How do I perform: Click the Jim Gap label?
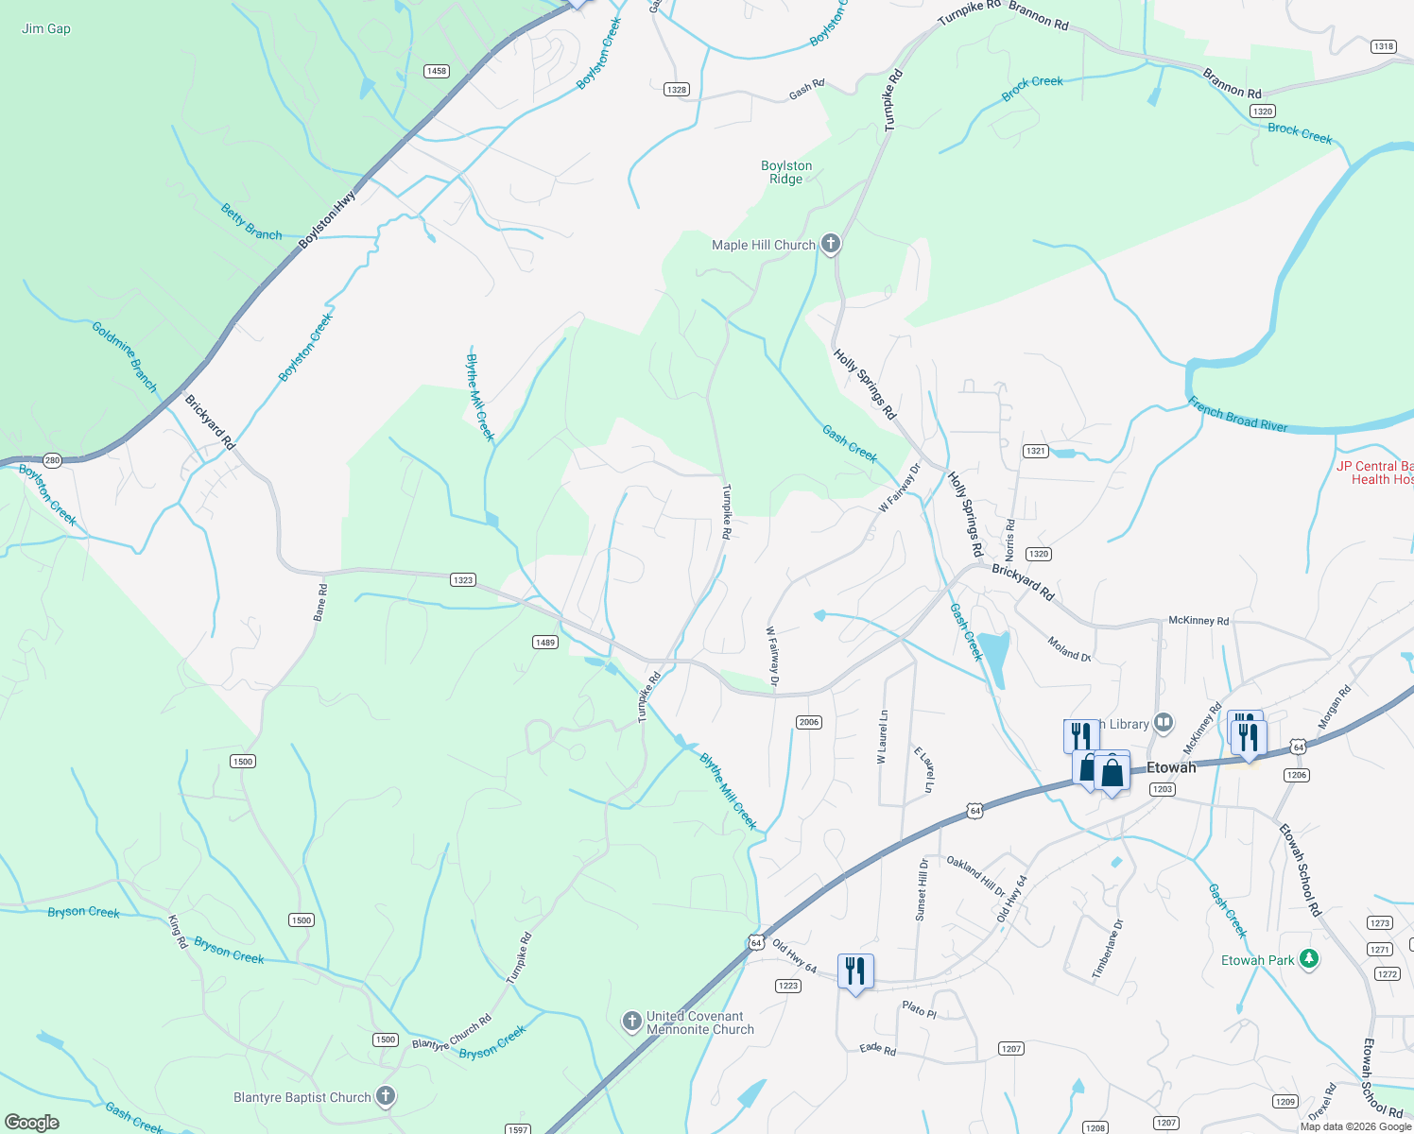point(46,28)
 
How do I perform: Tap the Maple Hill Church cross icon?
point(830,245)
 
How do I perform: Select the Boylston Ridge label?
point(786,172)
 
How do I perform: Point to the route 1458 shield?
point(436,71)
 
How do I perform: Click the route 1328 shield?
point(676,90)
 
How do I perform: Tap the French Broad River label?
point(1238,415)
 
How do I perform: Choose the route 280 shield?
point(52,461)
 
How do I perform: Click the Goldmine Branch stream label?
point(125,356)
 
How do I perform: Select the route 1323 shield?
point(462,580)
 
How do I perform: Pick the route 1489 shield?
point(544,643)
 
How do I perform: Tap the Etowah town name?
point(1171,767)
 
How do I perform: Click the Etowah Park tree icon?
point(1308,959)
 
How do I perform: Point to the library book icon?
point(1164,724)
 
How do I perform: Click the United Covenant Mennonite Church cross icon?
point(631,1022)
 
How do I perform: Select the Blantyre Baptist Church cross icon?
point(385,1096)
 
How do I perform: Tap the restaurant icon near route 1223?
point(854,971)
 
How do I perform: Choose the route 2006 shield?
point(808,722)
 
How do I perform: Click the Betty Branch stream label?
point(251,222)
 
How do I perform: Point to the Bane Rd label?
point(320,602)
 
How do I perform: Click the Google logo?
point(32,1123)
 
